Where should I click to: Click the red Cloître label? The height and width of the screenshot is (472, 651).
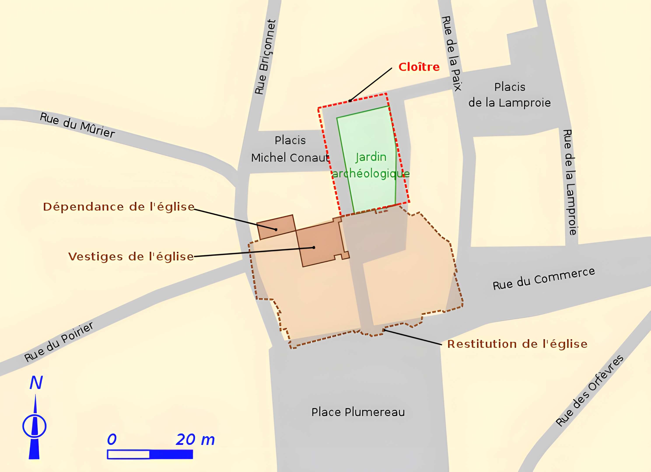click(x=419, y=67)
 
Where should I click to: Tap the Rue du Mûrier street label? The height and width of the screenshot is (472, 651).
click(x=77, y=125)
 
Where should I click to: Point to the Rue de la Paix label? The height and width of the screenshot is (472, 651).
click(x=451, y=53)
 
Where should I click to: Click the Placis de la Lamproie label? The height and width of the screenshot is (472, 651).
click(x=509, y=95)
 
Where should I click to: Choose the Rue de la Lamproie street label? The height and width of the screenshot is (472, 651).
click(x=570, y=182)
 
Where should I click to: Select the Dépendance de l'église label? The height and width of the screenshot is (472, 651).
click(x=119, y=207)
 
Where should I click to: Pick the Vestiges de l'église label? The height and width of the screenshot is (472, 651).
click(x=131, y=257)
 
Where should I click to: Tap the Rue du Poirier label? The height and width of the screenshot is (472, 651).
click(x=59, y=342)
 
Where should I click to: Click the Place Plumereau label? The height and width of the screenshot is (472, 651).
click(x=358, y=412)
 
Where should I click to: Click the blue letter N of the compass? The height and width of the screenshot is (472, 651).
click(x=36, y=383)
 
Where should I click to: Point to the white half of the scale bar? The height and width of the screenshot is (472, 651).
click(x=128, y=455)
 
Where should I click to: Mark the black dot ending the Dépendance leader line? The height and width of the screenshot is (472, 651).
click(x=276, y=229)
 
